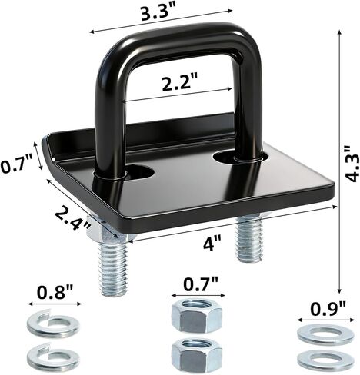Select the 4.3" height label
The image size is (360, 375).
(351, 164)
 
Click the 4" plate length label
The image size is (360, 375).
(212, 243)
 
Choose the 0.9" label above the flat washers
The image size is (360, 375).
(328, 309)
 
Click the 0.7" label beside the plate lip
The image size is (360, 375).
(16, 166)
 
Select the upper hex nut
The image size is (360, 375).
(197, 316)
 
